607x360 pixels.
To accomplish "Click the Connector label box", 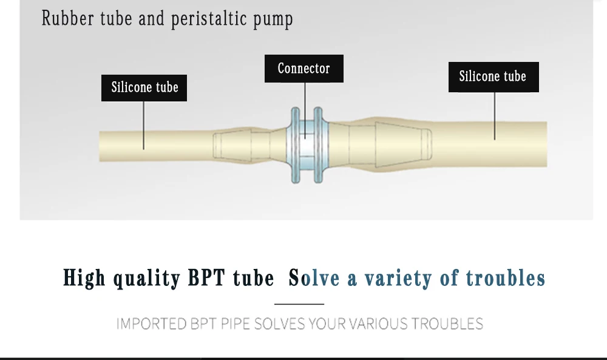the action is (x=303, y=69).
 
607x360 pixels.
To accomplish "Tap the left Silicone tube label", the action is (x=144, y=87).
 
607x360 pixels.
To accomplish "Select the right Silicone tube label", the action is (x=493, y=77).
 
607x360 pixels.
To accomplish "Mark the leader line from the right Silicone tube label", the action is (x=495, y=115).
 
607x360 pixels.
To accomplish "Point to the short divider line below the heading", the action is (x=299, y=304).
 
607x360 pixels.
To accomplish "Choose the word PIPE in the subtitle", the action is (x=234, y=324).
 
